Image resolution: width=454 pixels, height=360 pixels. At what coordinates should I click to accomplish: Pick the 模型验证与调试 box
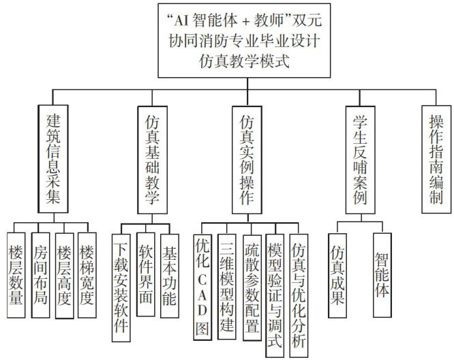[275, 293]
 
